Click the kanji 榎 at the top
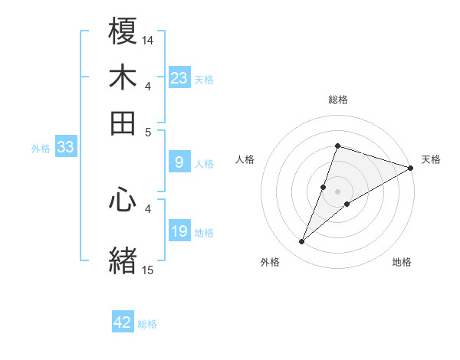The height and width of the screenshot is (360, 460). pyautogui.click(x=123, y=33)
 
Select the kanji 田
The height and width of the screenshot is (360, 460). pyautogui.click(x=123, y=123)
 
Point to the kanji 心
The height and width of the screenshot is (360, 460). pyautogui.click(x=123, y=200)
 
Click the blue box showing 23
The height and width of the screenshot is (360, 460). pyautogui.click(x=179, y=78)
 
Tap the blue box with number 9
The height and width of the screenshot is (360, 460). pyautogui.click(x=179, y=162)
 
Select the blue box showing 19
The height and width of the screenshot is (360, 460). pyautogui.click(x=179, y=231)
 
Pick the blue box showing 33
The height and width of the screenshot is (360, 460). pyautogui.click(x=65, y=148)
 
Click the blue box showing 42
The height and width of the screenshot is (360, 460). pyautogui.click(x=123, y=322)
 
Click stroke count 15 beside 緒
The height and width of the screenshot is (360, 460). pyautogui.click(x=148, y=270)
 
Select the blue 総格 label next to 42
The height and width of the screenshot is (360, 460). pyautogui.click(x=147, y=324)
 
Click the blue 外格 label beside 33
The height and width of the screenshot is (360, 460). pyautogui.click(x=40, y=149)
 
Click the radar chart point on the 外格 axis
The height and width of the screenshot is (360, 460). pyautogui.click(x=302, y=242)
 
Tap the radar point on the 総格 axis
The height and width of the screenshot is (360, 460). pyautogui.click(x=337, y=146)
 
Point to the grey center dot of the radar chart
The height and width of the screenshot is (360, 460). pyautogui.click(x=337, y=191)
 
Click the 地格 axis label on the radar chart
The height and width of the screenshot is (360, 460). pyautogui.click(x=402, y=263)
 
